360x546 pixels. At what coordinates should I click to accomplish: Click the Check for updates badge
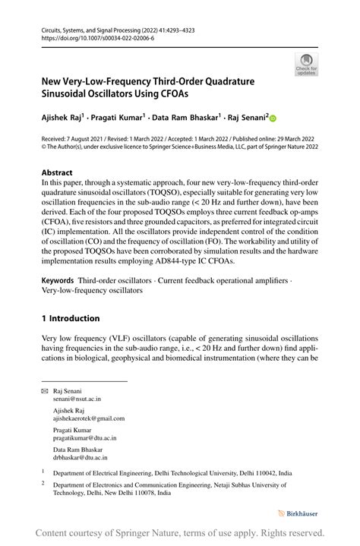tap(306, 64)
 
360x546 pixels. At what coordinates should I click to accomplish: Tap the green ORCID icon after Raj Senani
tap(273, 118)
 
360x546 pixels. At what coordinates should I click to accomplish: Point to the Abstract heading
tap(57, 172)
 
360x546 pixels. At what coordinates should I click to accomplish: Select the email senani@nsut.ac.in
tap(77, 398)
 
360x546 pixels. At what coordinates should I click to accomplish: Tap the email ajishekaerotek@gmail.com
tap(89, 418)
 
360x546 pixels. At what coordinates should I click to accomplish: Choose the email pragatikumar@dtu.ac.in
tap(84, 438)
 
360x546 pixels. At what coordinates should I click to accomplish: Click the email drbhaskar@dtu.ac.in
tap(80, 458)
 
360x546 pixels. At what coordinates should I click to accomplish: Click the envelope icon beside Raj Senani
tap(44, 390)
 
